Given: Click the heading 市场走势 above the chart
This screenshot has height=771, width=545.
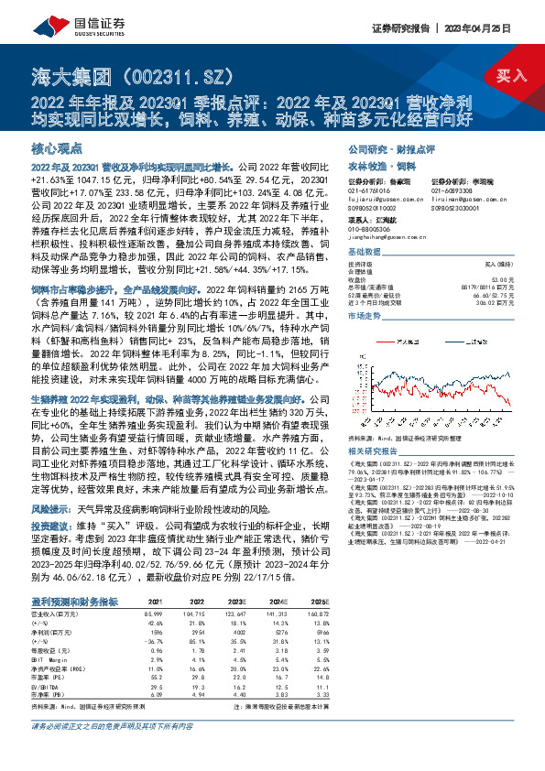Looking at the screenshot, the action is [x=364, y=314].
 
